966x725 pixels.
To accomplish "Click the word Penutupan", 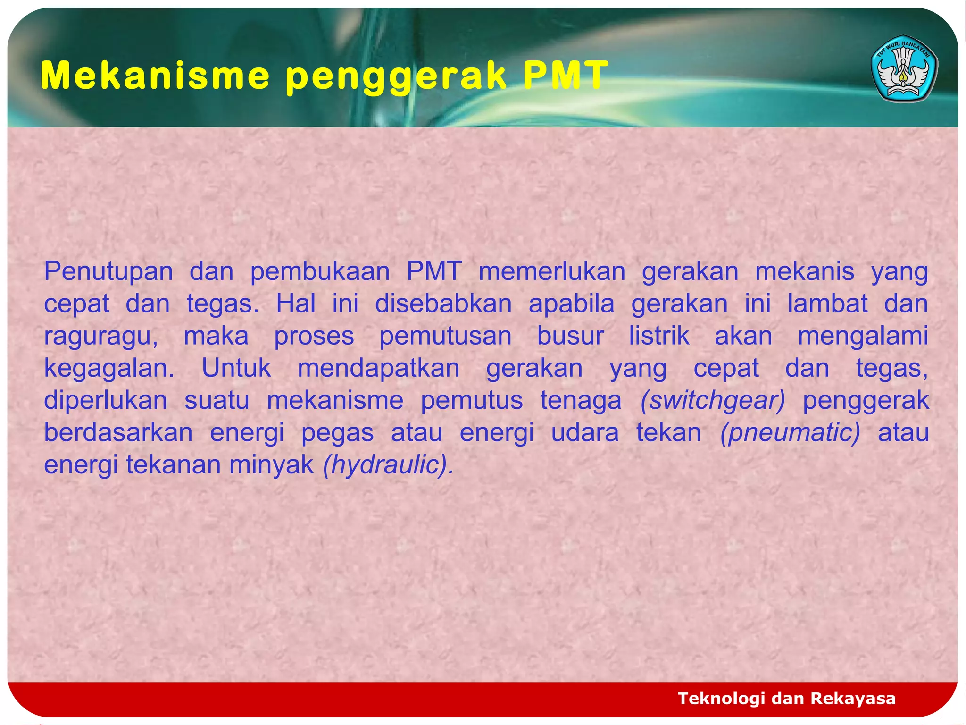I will coord(108,272).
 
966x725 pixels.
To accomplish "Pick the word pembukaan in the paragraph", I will coord(320,272).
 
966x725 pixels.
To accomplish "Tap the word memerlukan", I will coord(552,272).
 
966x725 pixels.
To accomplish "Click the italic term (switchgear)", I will coord(713,401).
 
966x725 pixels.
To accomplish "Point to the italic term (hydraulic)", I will coord(388,465).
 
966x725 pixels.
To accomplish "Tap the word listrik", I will coord(659,337).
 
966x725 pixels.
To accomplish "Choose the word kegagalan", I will coord(109,369).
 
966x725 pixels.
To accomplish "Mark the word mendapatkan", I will coord(378,369).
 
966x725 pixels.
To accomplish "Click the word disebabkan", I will coord(443,304).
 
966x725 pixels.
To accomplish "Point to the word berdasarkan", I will coord(118,433).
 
